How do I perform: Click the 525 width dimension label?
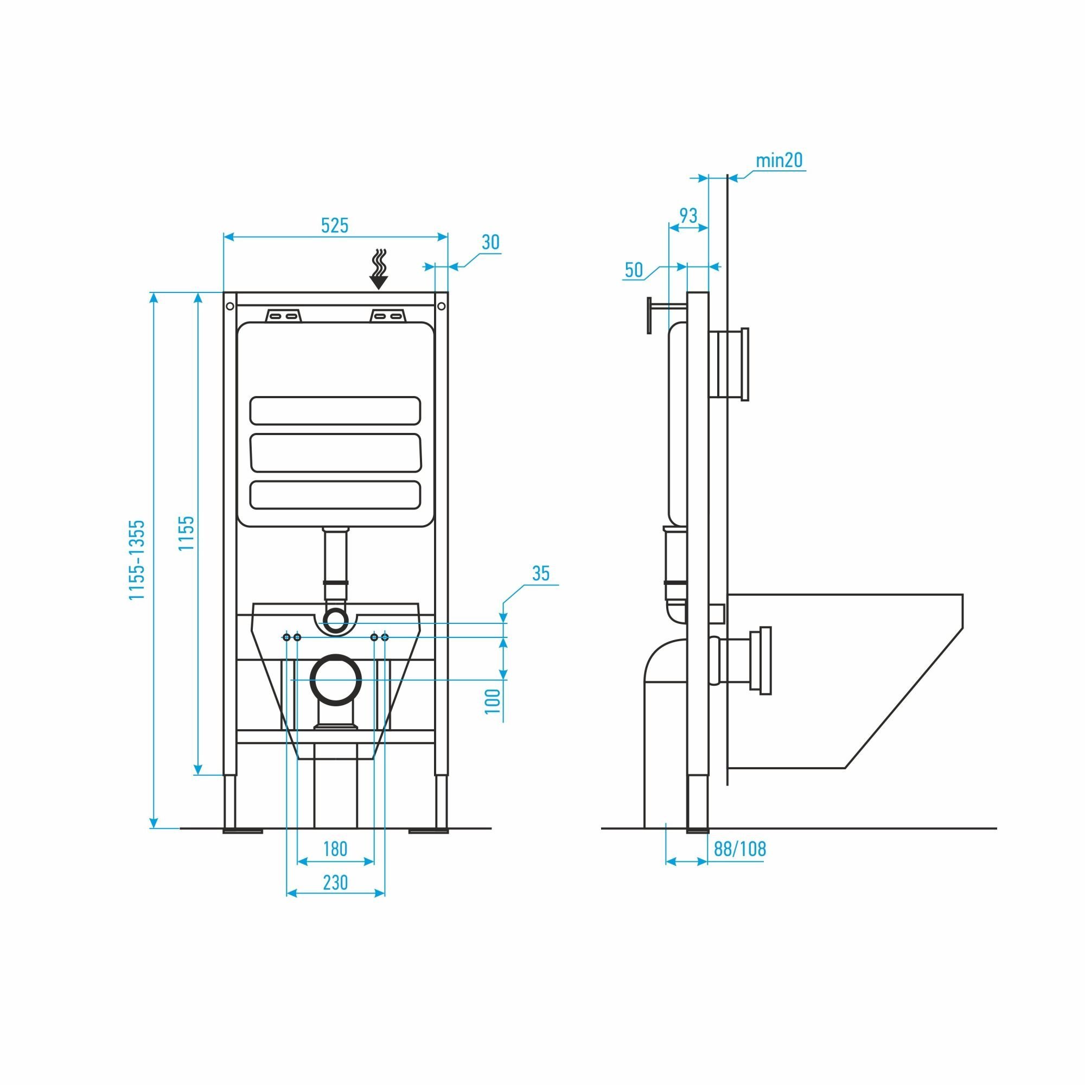(335, 225)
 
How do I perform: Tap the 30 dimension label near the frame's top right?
(490, 242)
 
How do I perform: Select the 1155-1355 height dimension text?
(137, 560)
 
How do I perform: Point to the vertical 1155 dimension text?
(187, 533)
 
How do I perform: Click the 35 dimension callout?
(540, 573)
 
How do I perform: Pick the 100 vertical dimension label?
(493, 701)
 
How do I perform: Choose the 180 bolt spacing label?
(335, 848)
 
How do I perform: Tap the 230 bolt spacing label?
(335, 882)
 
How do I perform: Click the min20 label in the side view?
(779, 161)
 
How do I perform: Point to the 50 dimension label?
(634, 270)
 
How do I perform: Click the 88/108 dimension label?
(739, 848)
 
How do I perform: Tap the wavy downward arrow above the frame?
(379, 270)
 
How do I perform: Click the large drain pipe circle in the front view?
(336, 680)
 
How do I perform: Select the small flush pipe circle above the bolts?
(335, 620)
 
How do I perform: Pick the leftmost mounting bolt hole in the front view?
(286, 637)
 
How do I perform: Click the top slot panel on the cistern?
(335, 411)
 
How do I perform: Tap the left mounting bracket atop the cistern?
(283, 315)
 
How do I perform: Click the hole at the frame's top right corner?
(441, 306)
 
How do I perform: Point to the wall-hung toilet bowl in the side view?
(843, 674)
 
